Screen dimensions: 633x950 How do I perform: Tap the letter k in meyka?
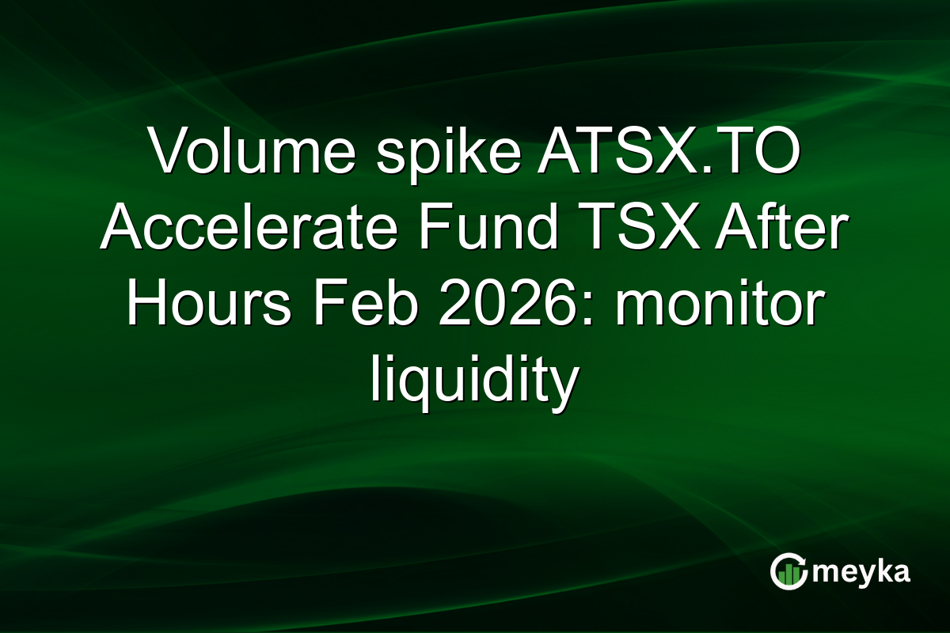[876, 571]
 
